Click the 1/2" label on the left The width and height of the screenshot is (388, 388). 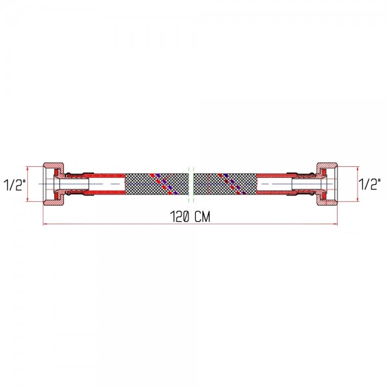coord(15,185)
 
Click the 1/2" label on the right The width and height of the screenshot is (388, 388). coord(370,184)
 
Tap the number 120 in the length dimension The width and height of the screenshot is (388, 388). coord(180,217)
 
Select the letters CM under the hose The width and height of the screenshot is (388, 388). coord(202,217)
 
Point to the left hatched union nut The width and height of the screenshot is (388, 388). coord(54,184)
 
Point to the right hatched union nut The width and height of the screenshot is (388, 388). coord(327,184)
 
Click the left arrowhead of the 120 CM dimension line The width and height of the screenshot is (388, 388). coord(45,224)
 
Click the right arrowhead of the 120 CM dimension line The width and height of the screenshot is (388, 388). coord(335,224)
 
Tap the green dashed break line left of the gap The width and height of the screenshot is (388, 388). coord(189,185)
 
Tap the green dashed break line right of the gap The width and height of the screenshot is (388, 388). coord(193,185)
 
